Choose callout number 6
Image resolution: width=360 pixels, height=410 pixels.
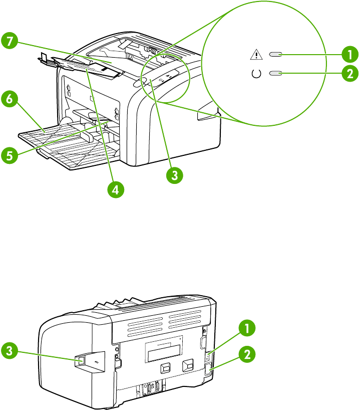point(9,99)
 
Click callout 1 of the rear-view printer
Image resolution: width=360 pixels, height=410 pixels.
point(245,329)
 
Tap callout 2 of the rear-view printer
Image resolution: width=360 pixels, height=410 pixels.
point(245,354)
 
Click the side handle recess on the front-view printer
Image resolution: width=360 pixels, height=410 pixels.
point(206,116)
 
